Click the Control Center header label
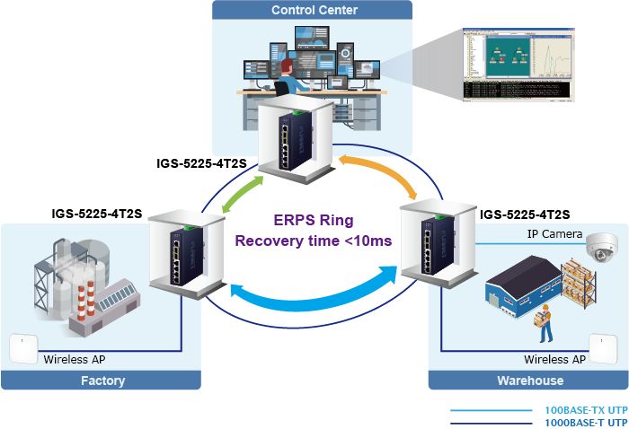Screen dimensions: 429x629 click(x=314, y=11)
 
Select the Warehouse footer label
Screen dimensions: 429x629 click(x=530, y=381)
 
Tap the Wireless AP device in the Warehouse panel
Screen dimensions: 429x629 click(x=603, y=348)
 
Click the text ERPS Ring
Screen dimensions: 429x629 click(x=313, y=221)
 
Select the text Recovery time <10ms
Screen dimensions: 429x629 click(x=313, y=241)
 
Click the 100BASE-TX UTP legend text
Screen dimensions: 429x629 click(x=586, y=410)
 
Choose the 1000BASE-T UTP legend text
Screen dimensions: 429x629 click(x=586, y=422)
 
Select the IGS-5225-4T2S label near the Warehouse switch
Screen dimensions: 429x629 click(x=525, y=214)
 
